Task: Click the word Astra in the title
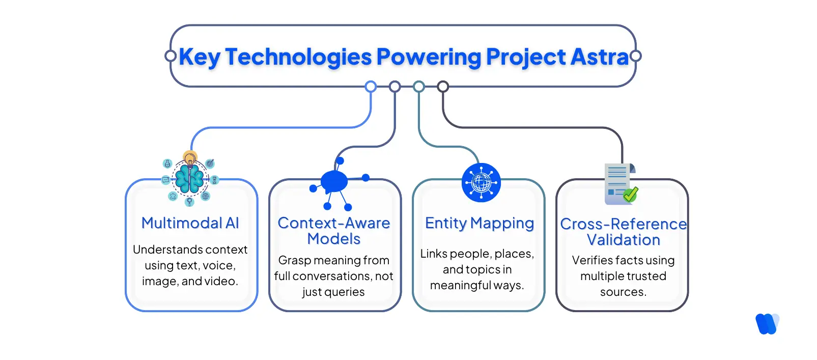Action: (600, 57)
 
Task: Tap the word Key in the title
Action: (200, 57)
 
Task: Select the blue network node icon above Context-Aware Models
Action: (334, 181)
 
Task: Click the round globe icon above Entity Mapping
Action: (481, 182)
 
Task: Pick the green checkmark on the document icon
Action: (631, 195)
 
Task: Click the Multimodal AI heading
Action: (190, 223)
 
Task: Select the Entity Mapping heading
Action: (480, 223)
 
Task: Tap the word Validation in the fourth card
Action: (623, 240)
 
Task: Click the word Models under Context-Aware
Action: (334, 239)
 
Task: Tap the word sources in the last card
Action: (623, 292)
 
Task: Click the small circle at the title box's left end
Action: (171, 56)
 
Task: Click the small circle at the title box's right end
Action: (636, 56)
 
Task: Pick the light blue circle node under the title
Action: (371, 87)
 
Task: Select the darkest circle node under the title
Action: (443, 87)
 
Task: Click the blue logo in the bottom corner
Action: (767, 324)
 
